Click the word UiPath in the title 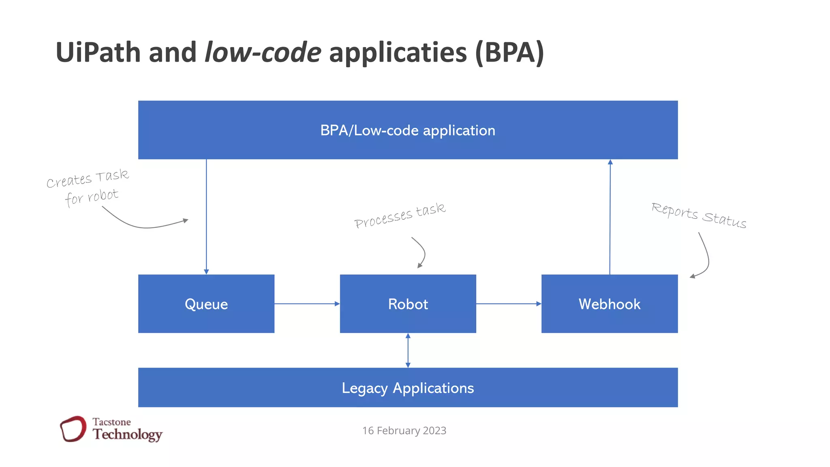pyautogui.click(x=98, y=53)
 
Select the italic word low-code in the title pyautogui.click(x=263, y=53)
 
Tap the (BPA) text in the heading pyautogui.click(x=509, y=53)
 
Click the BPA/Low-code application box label pyautogui.click(x=407, y=131)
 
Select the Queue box pyautogui.click(x=206, y=304)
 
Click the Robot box pyautogui.click(x=408, y=304)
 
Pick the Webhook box pyautogui.click(x=609, y=304)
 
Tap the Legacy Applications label pyautogui.click(x=407, y=388)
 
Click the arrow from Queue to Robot pyautogui.click(x=307, y=304)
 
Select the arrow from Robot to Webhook pyautogui.click(x=509, y=304)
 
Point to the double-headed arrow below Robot pyautogui.click(x=408, y=350)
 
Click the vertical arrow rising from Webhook pyautogui.click(x=610, y=217)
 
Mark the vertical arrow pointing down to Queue pyautogui.click(x=206, y=217)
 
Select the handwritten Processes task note pyautogui.click(x=400, y=216)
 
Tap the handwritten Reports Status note pyautogui.click(x=699, y=216)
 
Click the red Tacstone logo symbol pyautogui.click(x=73, y=428)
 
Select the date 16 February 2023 pyautogui.click(x=404, y=431)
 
